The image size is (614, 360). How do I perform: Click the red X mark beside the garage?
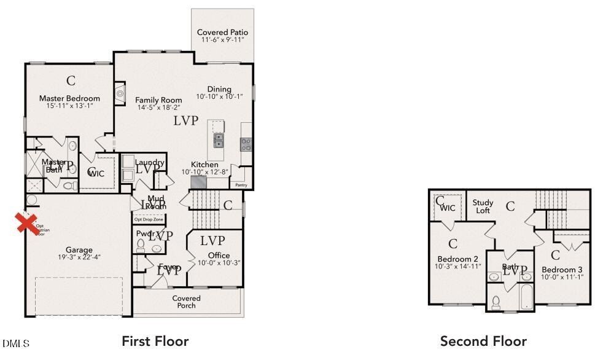[x=25, y=223]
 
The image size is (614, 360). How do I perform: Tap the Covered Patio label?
[x=222, y=32]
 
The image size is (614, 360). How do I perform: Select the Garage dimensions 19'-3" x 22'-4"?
[x=79, y=257]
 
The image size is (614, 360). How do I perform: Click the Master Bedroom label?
[x=69, y=98]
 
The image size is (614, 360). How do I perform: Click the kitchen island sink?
[x=218, y=141]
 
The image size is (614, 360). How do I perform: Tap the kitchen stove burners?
[x=246, y=144]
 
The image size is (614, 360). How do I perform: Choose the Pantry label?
[x=240, y=184]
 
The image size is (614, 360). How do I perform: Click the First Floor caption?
[x=155, y=341]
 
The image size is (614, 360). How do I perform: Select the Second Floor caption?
[x=483, y=341]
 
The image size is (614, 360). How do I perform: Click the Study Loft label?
[x=483, y=206]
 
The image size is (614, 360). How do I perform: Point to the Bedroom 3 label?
[x=562, y=270]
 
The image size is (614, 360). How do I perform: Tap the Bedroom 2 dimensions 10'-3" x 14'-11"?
[x=458, y=267]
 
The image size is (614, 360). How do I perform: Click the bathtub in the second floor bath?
[x=527, y=297]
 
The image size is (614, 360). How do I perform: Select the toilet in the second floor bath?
[x=496, y=302]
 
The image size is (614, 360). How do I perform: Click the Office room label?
[x=219, y=256]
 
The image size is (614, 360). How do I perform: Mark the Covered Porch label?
[x=186, y=302]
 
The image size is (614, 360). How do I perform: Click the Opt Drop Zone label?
[x=149, y=219]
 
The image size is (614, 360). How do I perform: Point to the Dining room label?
[x=219, y=89]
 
